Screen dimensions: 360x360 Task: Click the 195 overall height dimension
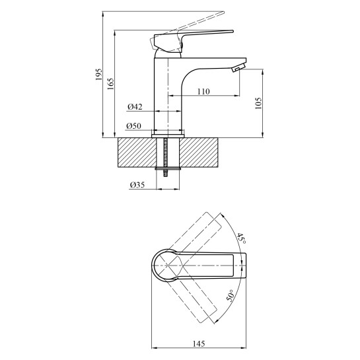[x=98, y=74]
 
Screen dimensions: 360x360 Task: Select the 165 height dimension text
[x=110, y=84]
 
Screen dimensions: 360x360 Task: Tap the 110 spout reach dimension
[x=203, y=91]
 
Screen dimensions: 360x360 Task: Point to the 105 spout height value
[x=258, y=103]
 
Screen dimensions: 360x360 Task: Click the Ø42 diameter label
[x=135, y=107]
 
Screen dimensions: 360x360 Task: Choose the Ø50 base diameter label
[x=133, y=126]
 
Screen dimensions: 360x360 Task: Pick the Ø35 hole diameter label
[x=137, y=185]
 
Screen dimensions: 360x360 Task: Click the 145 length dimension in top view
[x=199, y=343]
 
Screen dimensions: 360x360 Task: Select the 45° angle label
[x=242, y=238]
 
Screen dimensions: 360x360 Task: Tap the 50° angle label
[x=231, y=295]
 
